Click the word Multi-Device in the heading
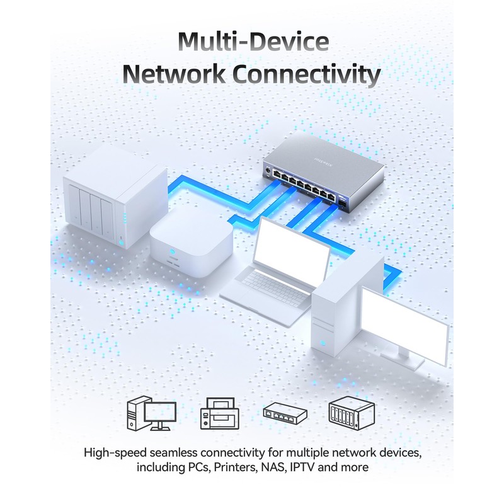(x=252, y=43)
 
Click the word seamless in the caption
(x=176, y=453)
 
